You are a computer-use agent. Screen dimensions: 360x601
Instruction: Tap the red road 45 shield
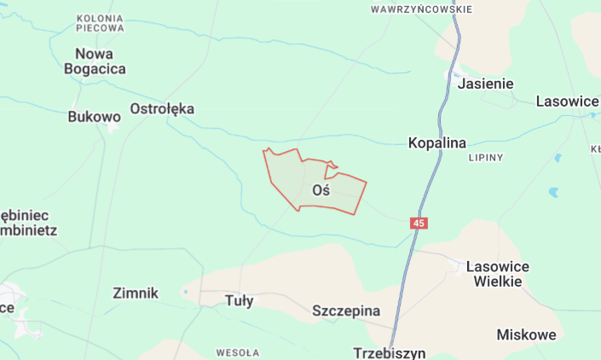418,223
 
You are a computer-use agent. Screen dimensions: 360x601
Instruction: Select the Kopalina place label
437,142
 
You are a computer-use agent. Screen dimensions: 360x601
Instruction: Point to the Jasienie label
485,84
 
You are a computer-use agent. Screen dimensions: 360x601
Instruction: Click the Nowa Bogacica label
95,61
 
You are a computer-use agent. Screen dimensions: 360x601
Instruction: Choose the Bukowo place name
94,117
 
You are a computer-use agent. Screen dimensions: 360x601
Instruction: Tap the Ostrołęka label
162,108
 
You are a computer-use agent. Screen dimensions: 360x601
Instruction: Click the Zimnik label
136,293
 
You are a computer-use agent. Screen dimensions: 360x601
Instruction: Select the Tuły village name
239,300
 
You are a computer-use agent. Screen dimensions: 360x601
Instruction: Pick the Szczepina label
346,311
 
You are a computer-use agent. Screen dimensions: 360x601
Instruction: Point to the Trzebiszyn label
389,352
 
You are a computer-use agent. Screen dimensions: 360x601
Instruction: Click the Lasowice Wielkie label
498,274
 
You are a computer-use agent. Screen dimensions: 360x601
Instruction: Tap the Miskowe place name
526,334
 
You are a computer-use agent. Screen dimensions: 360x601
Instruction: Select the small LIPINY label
486,158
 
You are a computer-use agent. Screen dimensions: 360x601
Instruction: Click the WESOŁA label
238,351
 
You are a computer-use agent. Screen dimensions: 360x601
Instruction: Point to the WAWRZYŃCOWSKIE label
421,9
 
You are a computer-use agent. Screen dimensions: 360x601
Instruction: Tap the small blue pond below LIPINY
553,192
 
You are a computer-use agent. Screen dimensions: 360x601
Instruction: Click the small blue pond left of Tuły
185,293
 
